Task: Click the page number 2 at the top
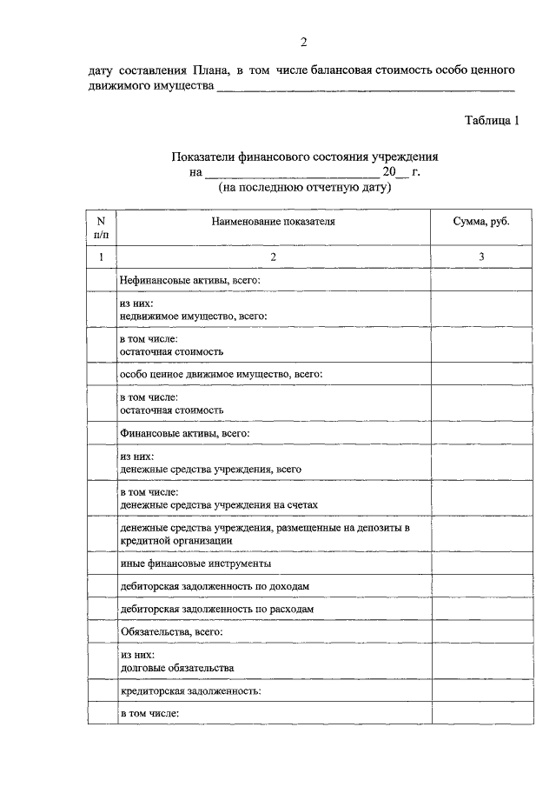click(304, 42)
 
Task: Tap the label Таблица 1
click(492, 121)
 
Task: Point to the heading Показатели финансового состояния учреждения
click(304, 157)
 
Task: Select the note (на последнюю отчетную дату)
click(304, 186)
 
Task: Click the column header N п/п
click(101, 228)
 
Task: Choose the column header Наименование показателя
click(273, 222)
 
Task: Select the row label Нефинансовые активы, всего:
click(189, 280)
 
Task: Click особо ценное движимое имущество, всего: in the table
click(221, 374)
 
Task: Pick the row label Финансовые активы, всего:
click(183, 431)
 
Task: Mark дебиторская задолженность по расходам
click(216, 610)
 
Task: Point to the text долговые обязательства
click(176, 668)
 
